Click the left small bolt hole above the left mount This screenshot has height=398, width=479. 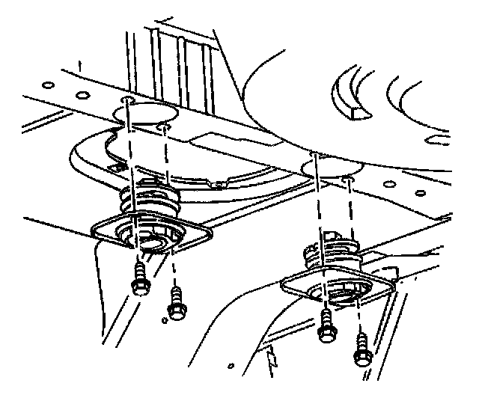(x=129, y=99)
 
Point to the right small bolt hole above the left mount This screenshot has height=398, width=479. (x=162, y=126)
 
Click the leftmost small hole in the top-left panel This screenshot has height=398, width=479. (x=47, y=85)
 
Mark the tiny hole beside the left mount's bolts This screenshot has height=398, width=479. (x=164, y=321)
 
